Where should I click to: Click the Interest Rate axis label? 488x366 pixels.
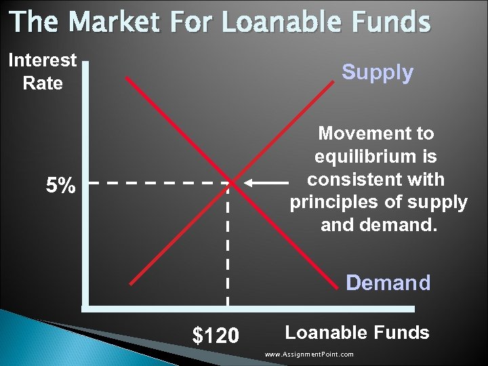tap(42, 71)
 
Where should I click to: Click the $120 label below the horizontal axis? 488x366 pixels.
tap(216, 335)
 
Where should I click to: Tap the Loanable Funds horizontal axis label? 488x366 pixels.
tap(357, 332)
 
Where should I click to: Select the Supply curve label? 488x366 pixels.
tap(377, 73)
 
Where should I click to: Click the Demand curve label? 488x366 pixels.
tap(388, 282)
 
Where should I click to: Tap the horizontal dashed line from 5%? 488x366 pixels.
tap(156, 182)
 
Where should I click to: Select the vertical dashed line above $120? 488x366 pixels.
tap(228, 251)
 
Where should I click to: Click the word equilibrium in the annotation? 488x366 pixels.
tap(375, 157)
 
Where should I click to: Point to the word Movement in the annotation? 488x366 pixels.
tap(375, 133)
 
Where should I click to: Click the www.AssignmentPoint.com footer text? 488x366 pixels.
tap(309, 354)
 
